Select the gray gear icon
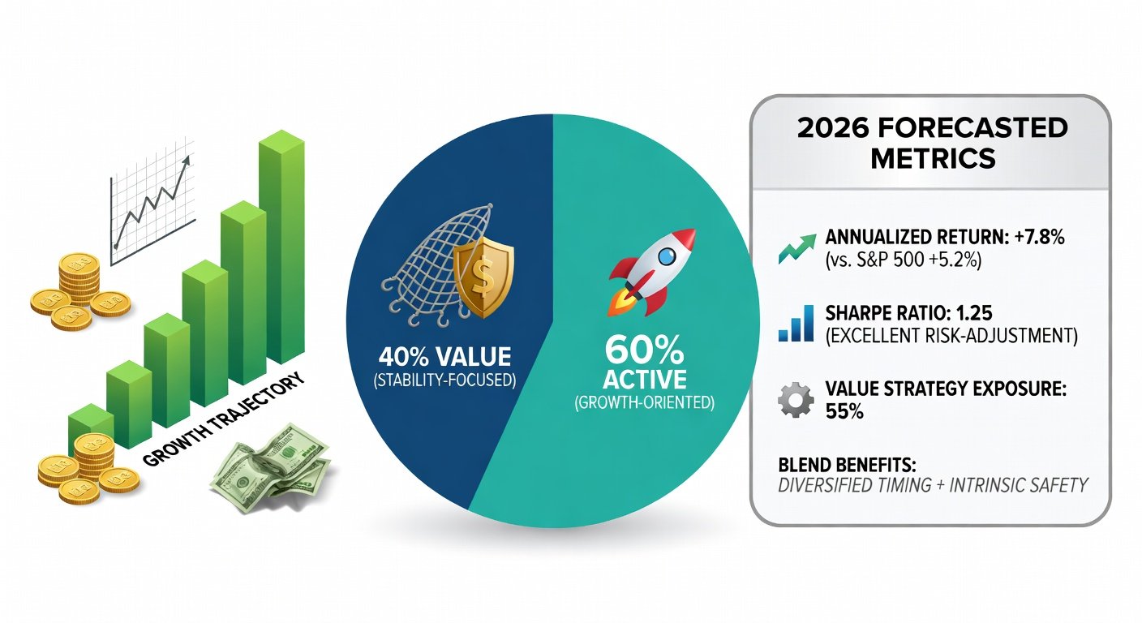point(796,400)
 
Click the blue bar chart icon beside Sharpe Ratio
point(796,323)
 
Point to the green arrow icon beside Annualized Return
point(796,249)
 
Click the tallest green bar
point(281,247)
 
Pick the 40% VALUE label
point(444,357)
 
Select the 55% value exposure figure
point(844,412)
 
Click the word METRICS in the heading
point(933,158)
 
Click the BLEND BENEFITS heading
point(847,465)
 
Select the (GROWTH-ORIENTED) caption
point(644,402)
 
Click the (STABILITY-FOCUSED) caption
point(444,380)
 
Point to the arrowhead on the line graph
point(186,161)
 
